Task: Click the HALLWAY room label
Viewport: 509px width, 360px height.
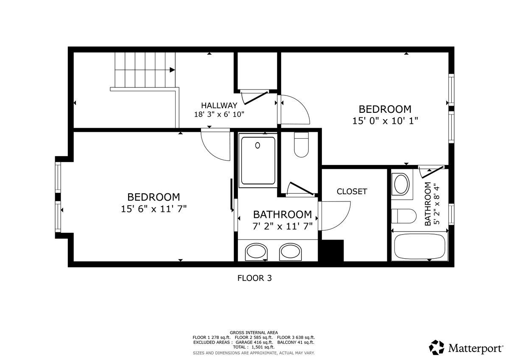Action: click(x=219, y=105)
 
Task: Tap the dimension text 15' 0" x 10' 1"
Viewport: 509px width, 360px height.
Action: click(x=385, y=120)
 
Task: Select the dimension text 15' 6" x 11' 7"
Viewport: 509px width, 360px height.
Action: click(x=154, y=209)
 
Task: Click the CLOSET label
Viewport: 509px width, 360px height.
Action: click(x=352, y=192)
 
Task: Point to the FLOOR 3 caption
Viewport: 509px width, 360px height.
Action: click(x=254, y=279)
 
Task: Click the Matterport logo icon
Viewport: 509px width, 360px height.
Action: click(x=436, y=348)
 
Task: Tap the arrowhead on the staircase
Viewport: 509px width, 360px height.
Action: click(x=172, y=70)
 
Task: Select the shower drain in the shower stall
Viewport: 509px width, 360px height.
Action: click(x=257, y=145)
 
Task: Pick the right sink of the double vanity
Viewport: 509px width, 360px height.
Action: click(x=291, y=251)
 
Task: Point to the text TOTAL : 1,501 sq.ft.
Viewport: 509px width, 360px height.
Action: click(x=254, y=347)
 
